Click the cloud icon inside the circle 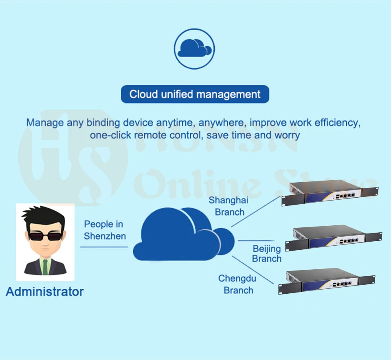point(195,48)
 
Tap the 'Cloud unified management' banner point(195,94)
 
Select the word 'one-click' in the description point(110,135)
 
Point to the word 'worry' point(287,135)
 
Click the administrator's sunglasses point(45,236)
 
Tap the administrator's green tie point(45,266)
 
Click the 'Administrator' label point(45,292)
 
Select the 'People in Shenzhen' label point(105,230)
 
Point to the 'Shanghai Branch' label point(228,206)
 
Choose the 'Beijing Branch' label point(267,253)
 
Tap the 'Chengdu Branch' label point(237,284)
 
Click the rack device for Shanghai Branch point(329,193)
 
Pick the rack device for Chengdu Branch point(327,281)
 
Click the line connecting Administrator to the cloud point(104,247)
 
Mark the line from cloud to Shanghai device point(256,211)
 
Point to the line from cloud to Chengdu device point(253,270)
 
